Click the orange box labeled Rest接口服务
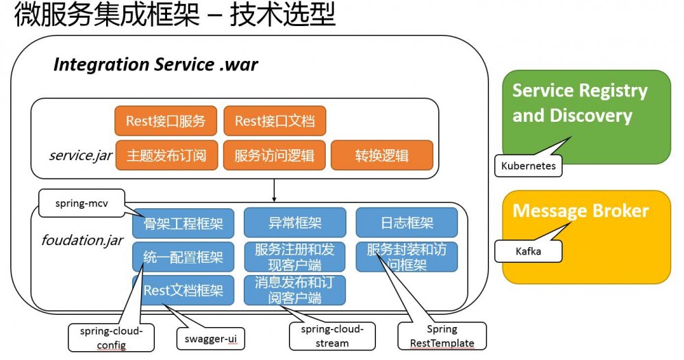coord(166,121)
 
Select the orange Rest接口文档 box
coord(275,121)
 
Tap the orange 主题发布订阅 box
coord(166,155)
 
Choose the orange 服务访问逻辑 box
coord(275,155)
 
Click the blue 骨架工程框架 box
coord(183,223)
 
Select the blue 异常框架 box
coord(295,223)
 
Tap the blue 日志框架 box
coord(407,223)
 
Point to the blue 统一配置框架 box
coord(183,257)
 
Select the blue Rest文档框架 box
coord(183,290)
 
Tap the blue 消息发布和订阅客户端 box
coord(295,290)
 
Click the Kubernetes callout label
coord(528,166)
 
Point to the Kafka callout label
coord(528,251)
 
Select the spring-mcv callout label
coord(81,203)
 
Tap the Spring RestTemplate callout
coord(441,336)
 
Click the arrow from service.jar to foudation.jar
coord(274,190)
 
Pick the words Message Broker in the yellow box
coord(580,211)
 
